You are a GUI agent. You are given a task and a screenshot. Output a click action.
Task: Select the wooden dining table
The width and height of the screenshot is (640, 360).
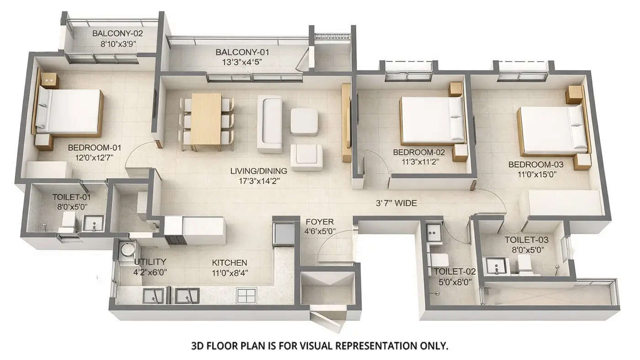click(x=206, y=119)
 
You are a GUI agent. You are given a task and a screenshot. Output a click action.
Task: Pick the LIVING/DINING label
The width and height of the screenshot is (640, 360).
click(x=258, y=171)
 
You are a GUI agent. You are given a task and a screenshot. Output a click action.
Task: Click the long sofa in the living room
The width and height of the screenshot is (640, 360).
click(x=270, y=123)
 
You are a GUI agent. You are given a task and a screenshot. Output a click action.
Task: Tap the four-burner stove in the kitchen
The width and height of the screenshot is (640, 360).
click(x=245, y=296)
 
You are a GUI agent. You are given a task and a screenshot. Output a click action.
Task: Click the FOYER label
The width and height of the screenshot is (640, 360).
click(x=320, y=222)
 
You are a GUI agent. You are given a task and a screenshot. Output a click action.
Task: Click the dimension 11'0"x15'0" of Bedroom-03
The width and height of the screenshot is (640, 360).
click(x=536, y=174)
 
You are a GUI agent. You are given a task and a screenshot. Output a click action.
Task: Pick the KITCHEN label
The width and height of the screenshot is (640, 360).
click(x=229, y=263)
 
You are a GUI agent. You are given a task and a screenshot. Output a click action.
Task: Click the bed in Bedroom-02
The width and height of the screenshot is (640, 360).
click(x=432, y=120)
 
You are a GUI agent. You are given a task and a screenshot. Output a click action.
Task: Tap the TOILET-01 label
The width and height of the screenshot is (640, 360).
click(x=71, y=198)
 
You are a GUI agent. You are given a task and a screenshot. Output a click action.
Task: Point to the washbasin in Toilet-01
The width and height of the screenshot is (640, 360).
click(x=94, y=224)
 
